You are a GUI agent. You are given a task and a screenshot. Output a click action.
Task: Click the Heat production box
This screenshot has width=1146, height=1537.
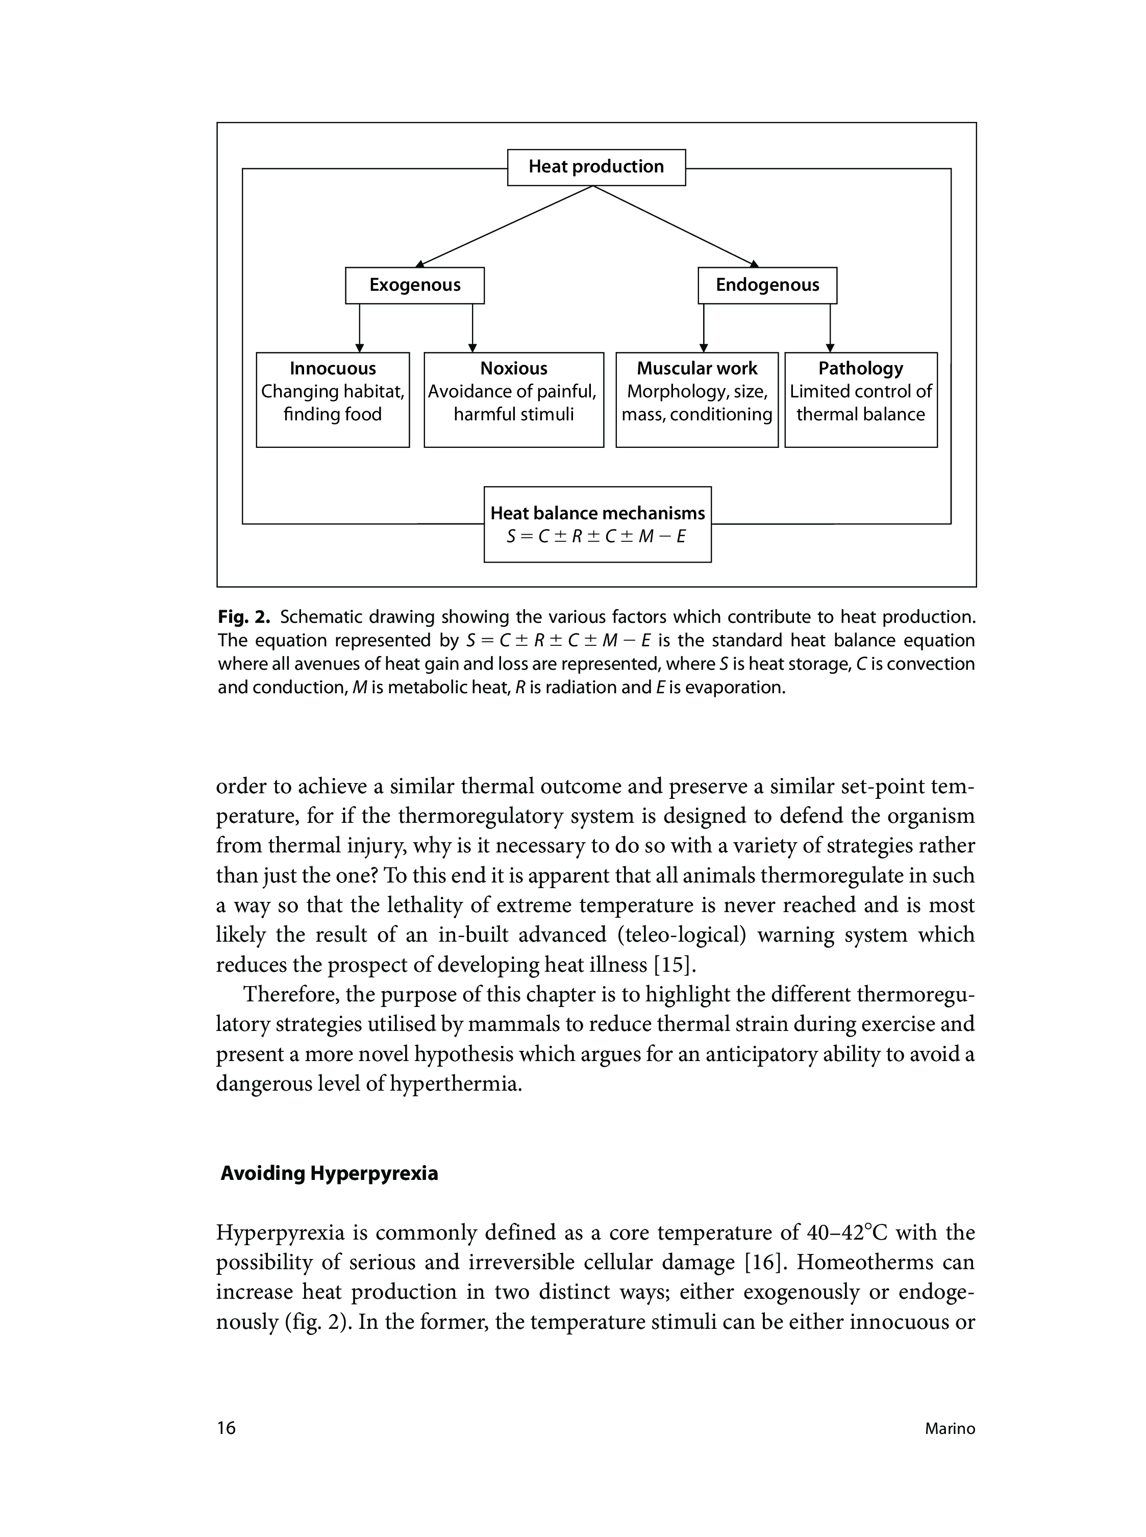(x=596, y=167)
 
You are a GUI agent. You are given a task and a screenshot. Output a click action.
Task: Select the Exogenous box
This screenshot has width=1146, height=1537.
(x=415, y=285)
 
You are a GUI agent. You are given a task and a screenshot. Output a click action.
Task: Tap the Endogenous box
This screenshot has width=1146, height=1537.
(x=767, y=285)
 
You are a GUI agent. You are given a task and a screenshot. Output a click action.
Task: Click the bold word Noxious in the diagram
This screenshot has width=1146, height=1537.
(x=513, y=368)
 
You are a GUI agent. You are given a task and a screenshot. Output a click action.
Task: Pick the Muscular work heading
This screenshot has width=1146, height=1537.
(x=696, y=368)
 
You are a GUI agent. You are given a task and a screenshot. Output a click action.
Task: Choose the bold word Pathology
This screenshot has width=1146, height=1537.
(x=860, y=368)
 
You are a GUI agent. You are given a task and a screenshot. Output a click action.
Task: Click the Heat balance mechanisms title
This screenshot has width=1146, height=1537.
(x=597, y=513)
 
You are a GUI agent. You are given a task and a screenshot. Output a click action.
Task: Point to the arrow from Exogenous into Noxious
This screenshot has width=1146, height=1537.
(x=472, y=328)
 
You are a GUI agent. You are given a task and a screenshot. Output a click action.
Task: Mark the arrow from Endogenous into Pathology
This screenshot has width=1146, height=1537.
(x=830, y=328)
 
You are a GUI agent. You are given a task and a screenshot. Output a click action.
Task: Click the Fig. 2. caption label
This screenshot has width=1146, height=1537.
(x=243, y=617)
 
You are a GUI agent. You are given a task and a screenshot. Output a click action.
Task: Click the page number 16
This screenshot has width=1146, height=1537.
(x=226, y=1427)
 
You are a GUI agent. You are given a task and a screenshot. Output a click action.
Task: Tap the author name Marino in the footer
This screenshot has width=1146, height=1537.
(x=950, y=1429)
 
